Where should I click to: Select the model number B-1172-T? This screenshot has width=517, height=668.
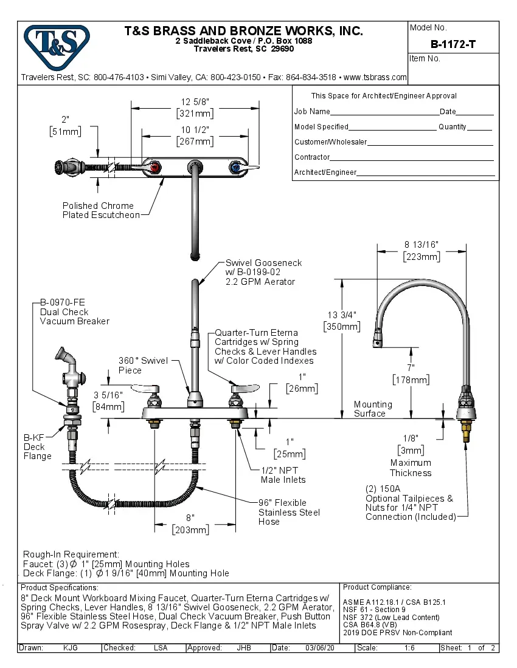pyautogui.click(x=453, y=44)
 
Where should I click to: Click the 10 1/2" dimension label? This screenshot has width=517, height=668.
pyautogui.click(x=195, y=130)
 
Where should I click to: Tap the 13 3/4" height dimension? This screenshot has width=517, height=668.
pyautogui.click(x=342, y=315)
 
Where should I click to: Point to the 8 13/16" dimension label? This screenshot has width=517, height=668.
pyautogui.click(x=422, y=245)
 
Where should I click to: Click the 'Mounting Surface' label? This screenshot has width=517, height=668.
pyautogui.click(x=373, y=409)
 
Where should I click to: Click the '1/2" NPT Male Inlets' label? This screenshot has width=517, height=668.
pyautogui.click(x=283, y=475)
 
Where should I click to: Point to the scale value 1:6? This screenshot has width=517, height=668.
pyautogui.click(x=410, y=648)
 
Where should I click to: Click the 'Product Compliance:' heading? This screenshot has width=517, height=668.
pyautogui.click(x=377, y=587)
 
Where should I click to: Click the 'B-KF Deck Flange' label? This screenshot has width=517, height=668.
pyautogui.click(x=37, y=446)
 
